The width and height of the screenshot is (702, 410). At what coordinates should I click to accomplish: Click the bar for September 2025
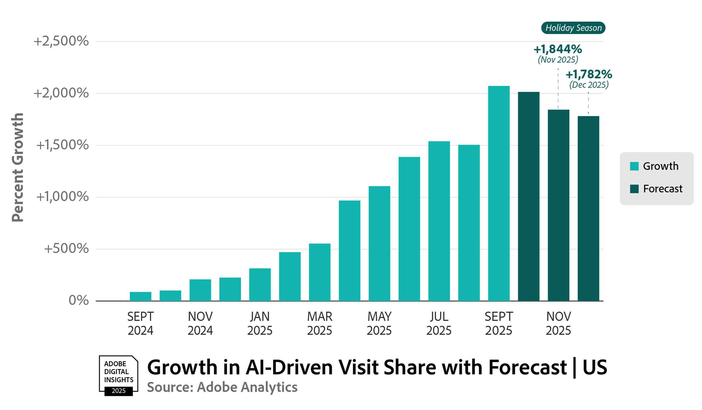(x=499, y=193)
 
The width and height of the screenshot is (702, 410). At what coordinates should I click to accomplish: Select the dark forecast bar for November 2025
(x=558, y=205)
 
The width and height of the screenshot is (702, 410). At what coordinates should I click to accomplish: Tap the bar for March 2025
(x=319, y=272)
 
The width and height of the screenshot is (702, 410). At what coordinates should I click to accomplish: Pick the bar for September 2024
(x=140, y=296)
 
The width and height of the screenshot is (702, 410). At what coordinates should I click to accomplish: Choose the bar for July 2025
(x=439, y=221)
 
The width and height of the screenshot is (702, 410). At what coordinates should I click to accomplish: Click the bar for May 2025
(x=379, y=243)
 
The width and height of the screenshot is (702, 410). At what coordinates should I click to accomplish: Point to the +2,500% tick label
(x=61, y=41)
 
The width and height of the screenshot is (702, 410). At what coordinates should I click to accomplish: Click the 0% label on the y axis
(x=78, y=300)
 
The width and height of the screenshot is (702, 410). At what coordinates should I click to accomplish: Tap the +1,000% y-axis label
(x=62, y=197)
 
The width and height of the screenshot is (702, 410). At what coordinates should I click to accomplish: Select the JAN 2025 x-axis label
(x=260, y=323)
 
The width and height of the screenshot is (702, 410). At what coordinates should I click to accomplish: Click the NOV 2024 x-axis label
(x=200, y=323)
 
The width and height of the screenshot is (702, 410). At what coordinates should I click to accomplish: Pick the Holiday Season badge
(x=573, y=28)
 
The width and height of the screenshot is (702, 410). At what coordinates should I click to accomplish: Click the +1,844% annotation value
(x=558, y=49)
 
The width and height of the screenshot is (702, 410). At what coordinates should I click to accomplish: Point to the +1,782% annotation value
(x=589, y=74)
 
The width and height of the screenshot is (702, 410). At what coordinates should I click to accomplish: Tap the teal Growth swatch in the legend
(x=634, y=166)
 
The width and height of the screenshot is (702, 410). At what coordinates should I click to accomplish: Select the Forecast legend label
(x=663, y=189)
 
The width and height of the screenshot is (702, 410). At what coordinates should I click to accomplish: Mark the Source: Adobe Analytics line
(x=222, y=387)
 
